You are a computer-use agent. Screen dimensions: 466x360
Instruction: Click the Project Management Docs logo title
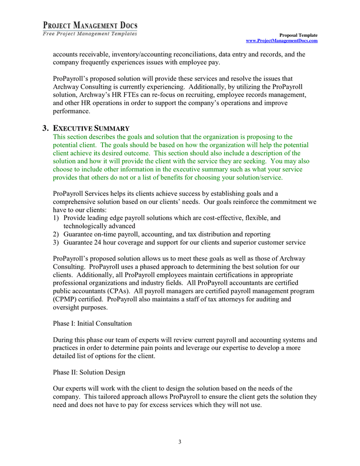[90, 25]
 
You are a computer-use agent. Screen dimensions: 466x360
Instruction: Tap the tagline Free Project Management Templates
[90, 34]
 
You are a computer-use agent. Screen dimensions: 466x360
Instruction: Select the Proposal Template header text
[298, 35]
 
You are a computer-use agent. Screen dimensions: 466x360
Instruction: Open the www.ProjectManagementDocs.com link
[281, 40]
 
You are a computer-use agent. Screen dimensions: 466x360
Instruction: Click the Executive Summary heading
[91, 128]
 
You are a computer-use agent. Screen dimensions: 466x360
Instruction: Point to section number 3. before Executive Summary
[46, 128]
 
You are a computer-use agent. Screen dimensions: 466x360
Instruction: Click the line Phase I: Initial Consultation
[92, 324]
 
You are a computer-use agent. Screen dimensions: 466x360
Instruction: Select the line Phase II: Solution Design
[88, 372]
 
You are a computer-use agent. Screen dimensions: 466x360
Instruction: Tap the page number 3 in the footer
[179, 442]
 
